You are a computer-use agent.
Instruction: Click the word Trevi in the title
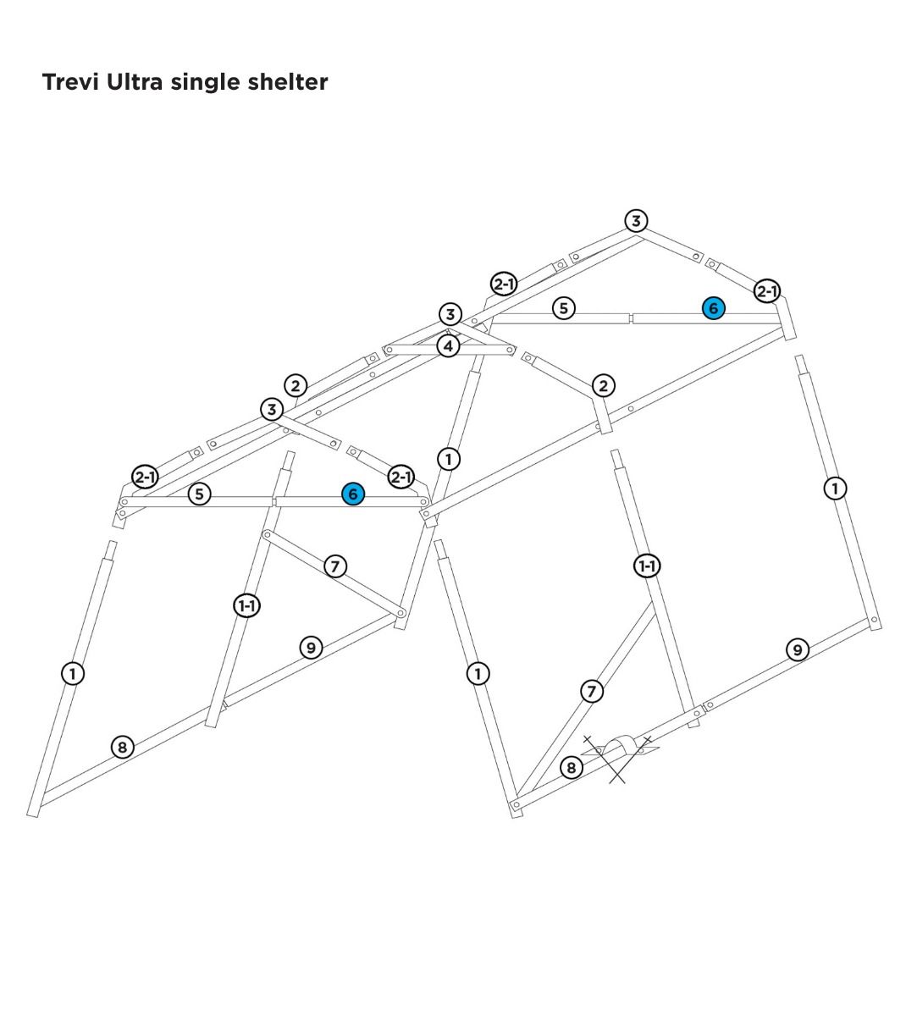coord(71,82)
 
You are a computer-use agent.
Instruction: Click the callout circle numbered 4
coord(449,345)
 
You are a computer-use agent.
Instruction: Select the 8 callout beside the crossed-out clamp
coord(572,767)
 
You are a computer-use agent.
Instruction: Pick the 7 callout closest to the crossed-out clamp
coord(592,691)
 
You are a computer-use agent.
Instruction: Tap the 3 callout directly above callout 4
coord(450,315)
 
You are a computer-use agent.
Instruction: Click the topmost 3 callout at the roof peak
coord(636,221)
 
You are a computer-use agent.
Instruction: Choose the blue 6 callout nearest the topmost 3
coord(713,308)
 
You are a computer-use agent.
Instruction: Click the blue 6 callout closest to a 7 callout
coord(352,494)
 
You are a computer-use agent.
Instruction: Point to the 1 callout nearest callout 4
coord(449,459)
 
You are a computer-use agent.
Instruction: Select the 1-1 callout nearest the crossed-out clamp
coord(647,566)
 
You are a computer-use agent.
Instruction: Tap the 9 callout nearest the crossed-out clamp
coord(797,649)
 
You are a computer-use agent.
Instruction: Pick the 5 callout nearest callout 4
coord(564,308)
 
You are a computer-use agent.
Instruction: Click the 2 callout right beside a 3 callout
coord(295,386)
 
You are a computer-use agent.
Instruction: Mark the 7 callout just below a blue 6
coord(336,566)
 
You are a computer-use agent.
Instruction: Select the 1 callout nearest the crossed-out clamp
coord(478,673)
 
